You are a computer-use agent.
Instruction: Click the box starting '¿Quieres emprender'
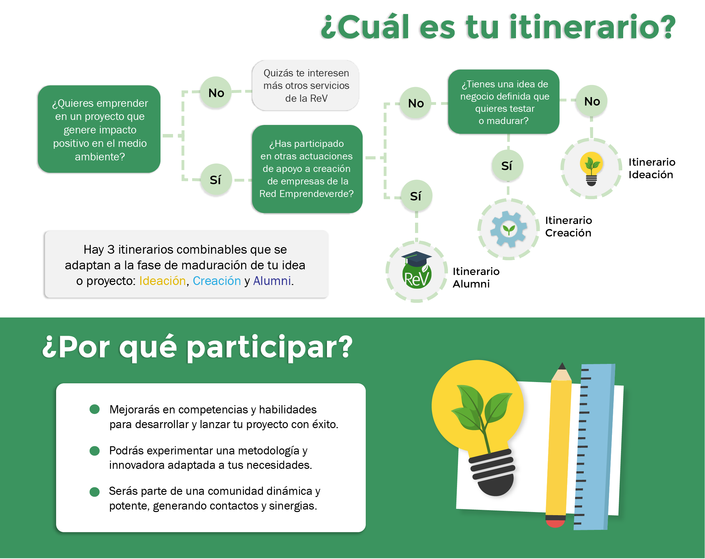pyautogui.click(x=99, y=129)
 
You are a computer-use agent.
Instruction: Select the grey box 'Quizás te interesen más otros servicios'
pyautogui.click(x=306, y=85)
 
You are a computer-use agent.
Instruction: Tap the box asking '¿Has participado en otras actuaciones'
pyautogui.click(x=307, y=169)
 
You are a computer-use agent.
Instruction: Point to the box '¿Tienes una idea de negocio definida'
pyautogui.click(x=503, y=101)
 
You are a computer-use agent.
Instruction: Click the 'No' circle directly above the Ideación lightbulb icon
pyautogui.click(x=592, y=101)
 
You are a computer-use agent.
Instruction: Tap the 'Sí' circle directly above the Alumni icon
pyautogui.click(x=416, y=196)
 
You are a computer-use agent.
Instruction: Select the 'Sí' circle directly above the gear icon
pyautogui.click(x=508, y=165)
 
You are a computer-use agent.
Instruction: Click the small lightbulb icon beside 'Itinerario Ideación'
pyautogui.click(x=591, y=168)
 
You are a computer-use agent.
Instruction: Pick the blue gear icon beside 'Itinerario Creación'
pyautogui.click(x=508, y=229)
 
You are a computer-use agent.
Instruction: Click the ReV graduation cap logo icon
pyautogui.click(x=416, y=270)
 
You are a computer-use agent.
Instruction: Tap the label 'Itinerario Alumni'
pyautogui.click(x=476, y=278)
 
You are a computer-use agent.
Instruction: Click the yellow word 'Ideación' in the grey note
pyautogui.click(x=162, y=281)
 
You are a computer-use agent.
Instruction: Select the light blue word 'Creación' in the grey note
pyautogui.click(x=217, y=281)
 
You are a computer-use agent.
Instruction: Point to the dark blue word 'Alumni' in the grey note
pyautogui.click(x=272, y=281)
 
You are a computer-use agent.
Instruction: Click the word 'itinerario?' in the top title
pyautogui.click(x=592, y=27)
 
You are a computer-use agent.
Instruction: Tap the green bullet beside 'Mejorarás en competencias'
pyautogui.click(x=94, y=409)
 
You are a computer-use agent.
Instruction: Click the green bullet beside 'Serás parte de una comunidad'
pyautogui.click(x=94, y=492)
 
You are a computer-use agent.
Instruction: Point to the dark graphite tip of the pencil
pyautogui.click(x=562, y=366)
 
